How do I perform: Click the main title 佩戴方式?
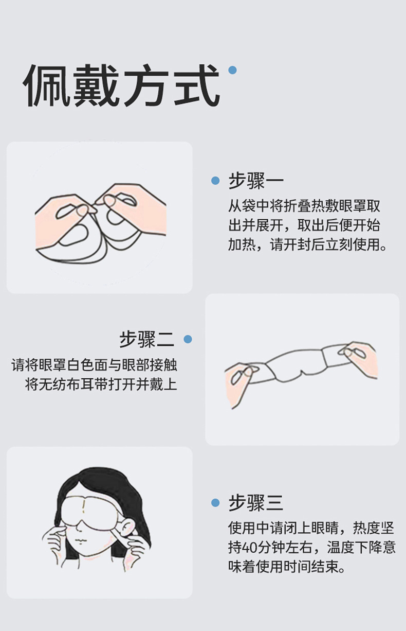[122, 85]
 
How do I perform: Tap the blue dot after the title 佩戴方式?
[232, 70]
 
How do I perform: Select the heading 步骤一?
[256, 181]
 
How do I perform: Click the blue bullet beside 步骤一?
[215, 181]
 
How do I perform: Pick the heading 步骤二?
[146, 339]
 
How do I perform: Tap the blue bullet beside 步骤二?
[188, 339]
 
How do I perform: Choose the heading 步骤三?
[256, 503]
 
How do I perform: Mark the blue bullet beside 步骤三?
[215, 502]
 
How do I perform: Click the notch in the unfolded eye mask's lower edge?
[303, 373]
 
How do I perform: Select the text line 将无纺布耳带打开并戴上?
[101, 384]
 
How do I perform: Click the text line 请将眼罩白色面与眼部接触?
[94, 365]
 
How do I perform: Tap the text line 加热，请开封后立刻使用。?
[307, 244]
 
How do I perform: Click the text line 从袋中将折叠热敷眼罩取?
[304, 206]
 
